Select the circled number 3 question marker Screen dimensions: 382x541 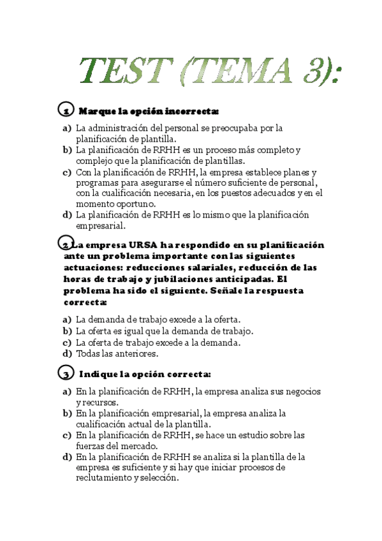tap(65, 373)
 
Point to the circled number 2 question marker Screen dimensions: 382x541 tap(65, 245)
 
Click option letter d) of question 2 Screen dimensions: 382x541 tap(67, 353)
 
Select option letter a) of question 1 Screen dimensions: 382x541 tap(67, 128)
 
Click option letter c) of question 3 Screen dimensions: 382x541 tap(67, 435)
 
